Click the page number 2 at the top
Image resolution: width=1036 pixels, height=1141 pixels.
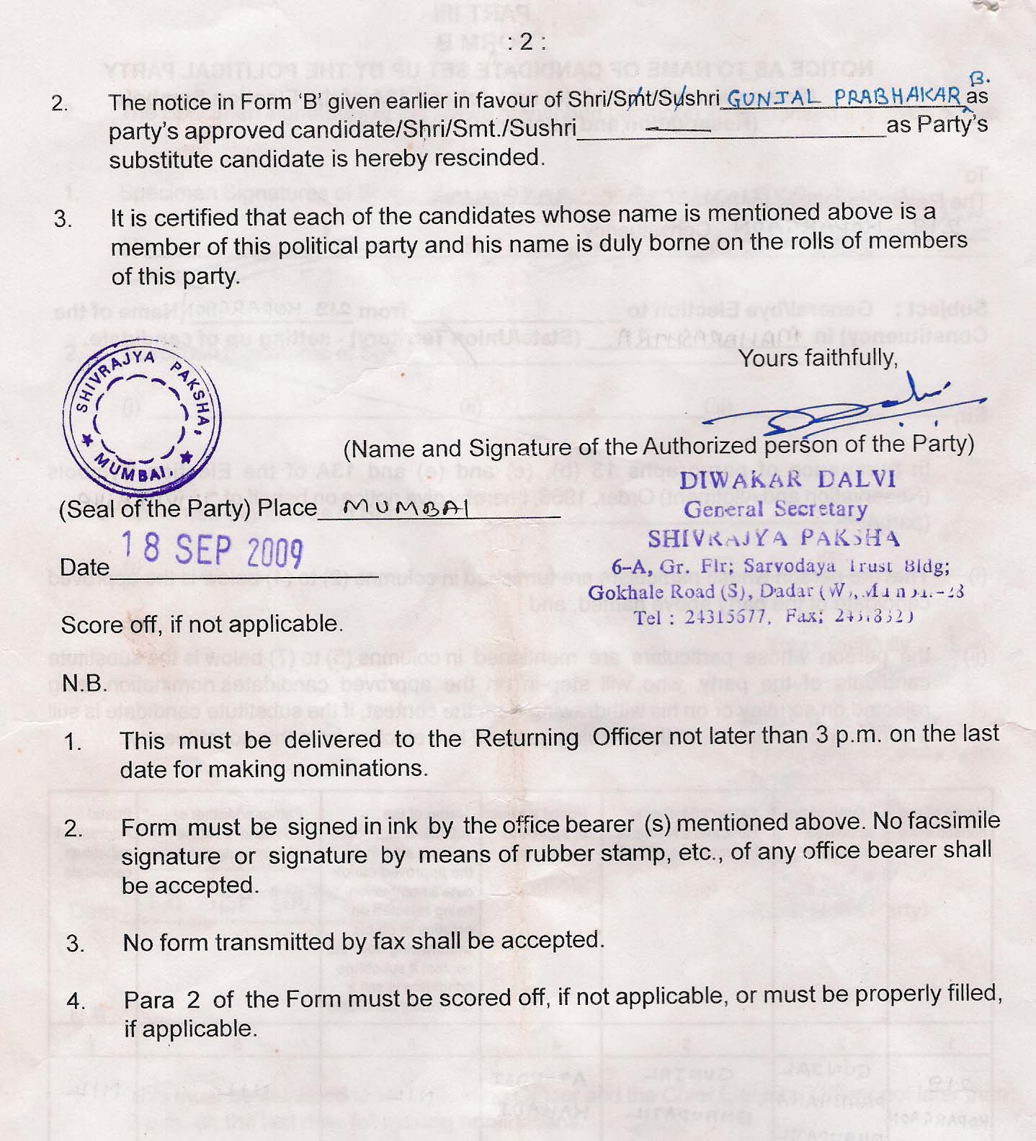pos(526,42)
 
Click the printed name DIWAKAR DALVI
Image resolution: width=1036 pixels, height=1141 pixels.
pos(787,480)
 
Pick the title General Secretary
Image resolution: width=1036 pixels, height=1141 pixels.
pos(775,509)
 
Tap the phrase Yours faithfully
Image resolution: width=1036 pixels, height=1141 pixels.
pos(818,357)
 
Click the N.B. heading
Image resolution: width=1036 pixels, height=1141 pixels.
pos(84,683)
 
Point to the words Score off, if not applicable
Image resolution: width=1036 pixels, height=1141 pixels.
pos(201,624)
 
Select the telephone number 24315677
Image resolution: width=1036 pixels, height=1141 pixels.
pos(725,617)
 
